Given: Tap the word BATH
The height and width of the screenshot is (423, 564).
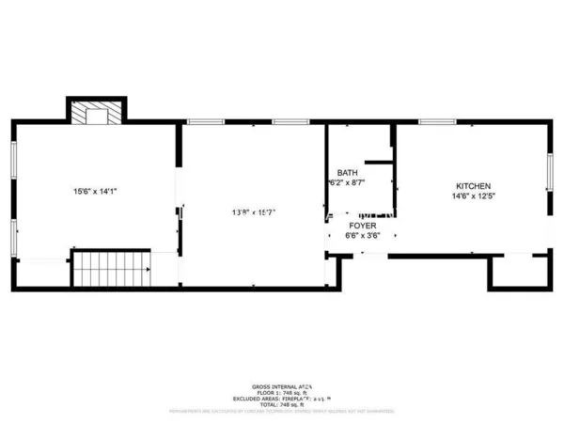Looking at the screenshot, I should pos(347,173).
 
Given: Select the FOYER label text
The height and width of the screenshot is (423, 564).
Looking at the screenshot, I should pos(363,227).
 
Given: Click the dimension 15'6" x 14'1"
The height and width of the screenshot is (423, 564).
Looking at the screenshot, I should pos(94,192).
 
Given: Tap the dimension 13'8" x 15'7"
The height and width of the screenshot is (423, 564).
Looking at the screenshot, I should pos(252,211).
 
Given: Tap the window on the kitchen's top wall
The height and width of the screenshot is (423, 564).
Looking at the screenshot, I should pos(437,121).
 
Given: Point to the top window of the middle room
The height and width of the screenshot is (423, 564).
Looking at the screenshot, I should pos(205,121).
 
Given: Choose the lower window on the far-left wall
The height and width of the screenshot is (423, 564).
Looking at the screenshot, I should pos(13,235).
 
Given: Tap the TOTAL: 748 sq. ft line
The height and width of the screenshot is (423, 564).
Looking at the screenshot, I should pos(282,405).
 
